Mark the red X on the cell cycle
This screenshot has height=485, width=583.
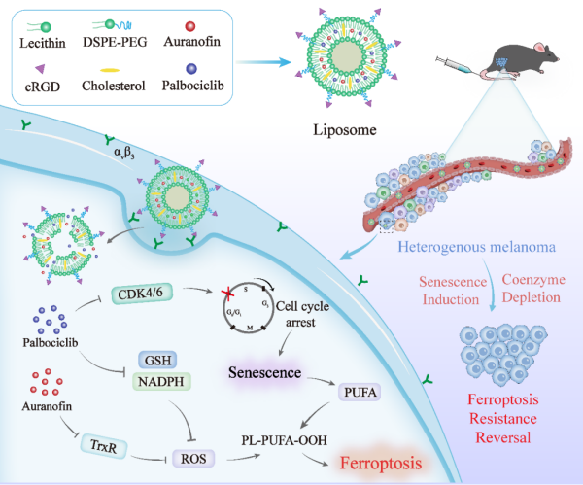pyautogui.click(x=229, y=294)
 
